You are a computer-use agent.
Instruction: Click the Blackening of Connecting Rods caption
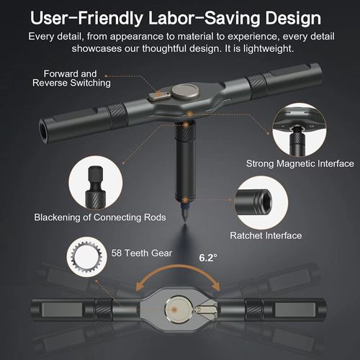[99, 217]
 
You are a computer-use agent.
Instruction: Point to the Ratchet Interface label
[265, 235]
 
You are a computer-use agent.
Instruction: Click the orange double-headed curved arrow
[180, 277]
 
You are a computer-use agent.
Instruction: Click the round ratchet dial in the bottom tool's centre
[176, 311]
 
